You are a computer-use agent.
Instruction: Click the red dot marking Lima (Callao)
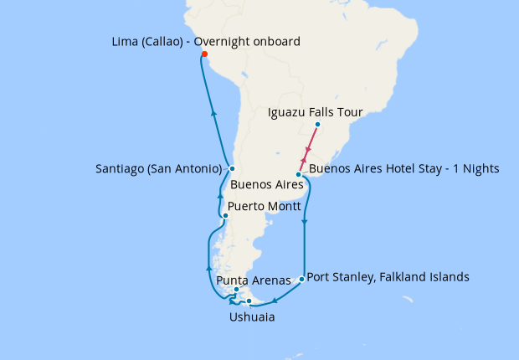[204, 55]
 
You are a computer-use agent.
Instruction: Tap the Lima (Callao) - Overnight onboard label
[205, 41]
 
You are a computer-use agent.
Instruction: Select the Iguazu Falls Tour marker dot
[317, 125]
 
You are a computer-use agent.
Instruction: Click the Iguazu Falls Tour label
[314, 111]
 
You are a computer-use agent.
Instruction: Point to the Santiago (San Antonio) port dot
[231, 169]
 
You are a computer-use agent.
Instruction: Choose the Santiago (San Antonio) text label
[158, 169]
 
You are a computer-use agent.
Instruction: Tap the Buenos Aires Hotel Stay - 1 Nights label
[403, 169]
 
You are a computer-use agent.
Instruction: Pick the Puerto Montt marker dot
[225, 216]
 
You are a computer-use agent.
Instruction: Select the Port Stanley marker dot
[301, 279]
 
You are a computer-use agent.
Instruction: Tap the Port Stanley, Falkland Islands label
[388, 276]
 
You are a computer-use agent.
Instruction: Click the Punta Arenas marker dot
[237, 290]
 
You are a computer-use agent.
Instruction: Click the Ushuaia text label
[251, 317]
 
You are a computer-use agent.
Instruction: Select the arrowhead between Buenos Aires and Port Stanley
[304, 222]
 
